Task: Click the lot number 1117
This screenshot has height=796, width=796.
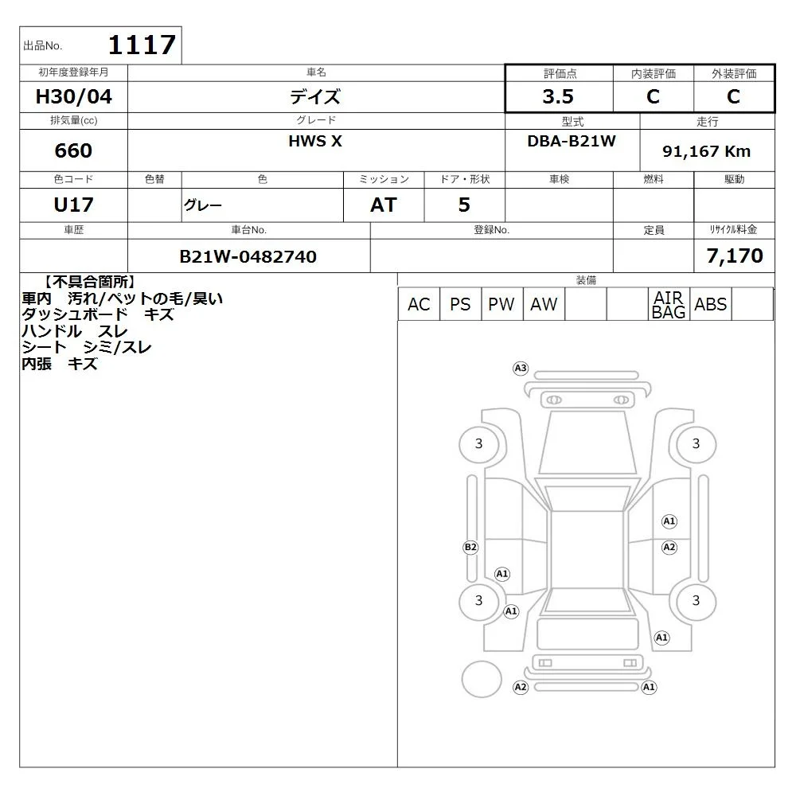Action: point(142,45)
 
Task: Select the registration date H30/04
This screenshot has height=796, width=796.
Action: point(73,96)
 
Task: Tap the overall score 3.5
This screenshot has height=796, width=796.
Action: point(558,96)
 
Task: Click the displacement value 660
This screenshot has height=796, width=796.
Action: point(73,150)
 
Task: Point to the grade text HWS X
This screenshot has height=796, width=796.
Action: point(315,141)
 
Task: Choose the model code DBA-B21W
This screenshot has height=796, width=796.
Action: point(572,141)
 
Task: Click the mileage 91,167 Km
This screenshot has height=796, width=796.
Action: point(706,151)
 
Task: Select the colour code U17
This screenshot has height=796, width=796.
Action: point(73,205)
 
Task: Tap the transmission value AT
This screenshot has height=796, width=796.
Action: point(384,205)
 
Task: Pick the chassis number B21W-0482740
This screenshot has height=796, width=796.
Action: point(248,256)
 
